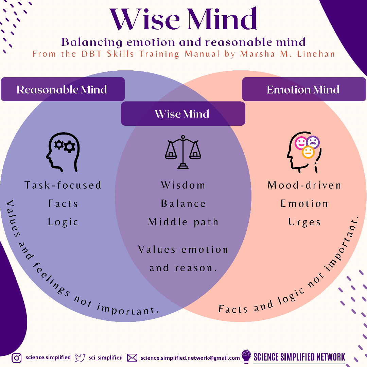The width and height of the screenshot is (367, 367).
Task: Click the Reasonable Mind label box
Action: click(x=63, y=89)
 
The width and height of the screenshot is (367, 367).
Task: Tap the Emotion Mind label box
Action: click(x=303, y=89)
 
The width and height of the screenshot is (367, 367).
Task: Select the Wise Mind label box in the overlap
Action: click(x=182, y=113)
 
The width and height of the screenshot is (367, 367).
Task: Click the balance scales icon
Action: click(x=183, y=152)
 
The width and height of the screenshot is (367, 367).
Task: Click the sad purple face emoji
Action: click(x=313, y=143)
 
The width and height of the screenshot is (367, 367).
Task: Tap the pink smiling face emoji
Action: click(x=301, y=143)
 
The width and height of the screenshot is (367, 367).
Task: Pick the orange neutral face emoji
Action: click(x=308, y=153)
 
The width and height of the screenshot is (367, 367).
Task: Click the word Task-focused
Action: click(x=63, y=185)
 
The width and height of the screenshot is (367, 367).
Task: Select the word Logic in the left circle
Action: click(x=63, y=222)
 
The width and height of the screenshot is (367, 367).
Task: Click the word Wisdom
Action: click(x=183, y=185)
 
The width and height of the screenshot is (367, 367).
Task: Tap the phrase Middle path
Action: click(x=183, y=222)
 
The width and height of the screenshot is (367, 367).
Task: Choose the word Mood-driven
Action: click(x=304, y=185)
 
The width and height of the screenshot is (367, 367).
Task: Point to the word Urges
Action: click(x=304, y=222)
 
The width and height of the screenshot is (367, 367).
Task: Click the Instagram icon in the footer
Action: click(x=17, y=358)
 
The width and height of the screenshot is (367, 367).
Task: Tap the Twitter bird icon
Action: click(x=80, y=358)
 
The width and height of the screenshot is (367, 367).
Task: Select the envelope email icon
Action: click(x=132, y=358)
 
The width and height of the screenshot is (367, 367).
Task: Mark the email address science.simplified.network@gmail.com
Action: click(x=190, y=358)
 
